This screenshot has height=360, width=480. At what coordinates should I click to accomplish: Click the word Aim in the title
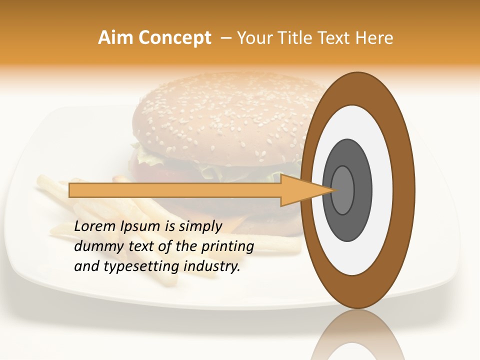[115, 38]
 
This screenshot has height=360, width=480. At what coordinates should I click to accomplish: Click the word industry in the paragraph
[212, 267]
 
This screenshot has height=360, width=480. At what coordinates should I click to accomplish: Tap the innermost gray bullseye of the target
[342, 190]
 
